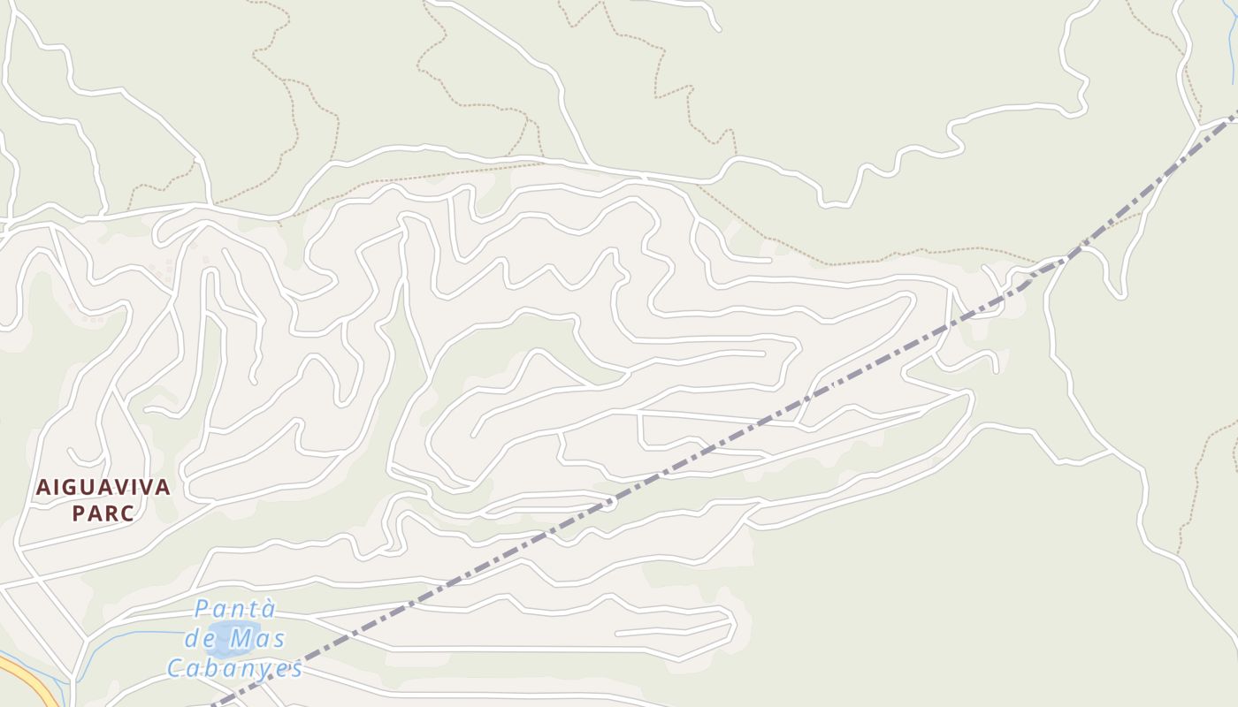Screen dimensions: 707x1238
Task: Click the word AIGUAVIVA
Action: pyautogui.click(x=103, y=487)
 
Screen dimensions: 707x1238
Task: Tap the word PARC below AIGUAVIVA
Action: pyautogui.click(x=103, y=513)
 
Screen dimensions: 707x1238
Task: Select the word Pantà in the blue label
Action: pyautogui.click(x=235, y=609)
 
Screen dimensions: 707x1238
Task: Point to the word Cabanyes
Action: pyautogui.click(x=235, y=668)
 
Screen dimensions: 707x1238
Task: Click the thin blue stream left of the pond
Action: pyautogui.click(x=133, y=641)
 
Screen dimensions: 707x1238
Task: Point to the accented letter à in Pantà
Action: pyautogui.click(x=269, y=609)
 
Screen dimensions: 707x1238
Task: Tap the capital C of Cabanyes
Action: pyautogui.click(x=175, y=668)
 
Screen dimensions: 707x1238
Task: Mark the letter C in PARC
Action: pyautogui.click(x=127, y=513)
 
